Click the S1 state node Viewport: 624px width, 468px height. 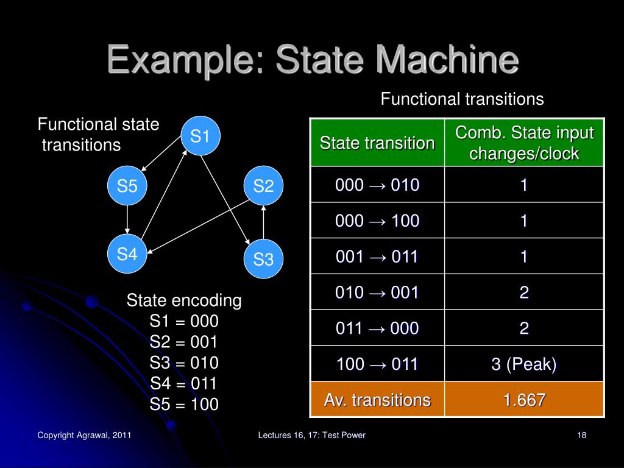pos(200,136)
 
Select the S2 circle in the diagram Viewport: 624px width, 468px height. pos(263,186)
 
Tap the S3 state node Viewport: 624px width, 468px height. pos(263,260)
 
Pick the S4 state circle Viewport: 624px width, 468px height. pos(127,254)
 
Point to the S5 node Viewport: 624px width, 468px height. pos(127,186)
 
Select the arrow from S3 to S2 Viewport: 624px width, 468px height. pos(263,223)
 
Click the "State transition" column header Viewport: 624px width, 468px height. pos(377,143)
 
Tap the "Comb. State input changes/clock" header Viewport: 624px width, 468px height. pos(524,143)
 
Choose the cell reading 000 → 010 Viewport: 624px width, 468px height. pos(377,185)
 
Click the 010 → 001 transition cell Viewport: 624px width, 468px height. pos(377,292)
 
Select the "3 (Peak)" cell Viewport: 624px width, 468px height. pos(524,364)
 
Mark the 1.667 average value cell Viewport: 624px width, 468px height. pos(524,400)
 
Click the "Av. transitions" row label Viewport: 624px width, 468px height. pos(377,400)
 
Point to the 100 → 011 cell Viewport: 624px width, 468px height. pos(377,364)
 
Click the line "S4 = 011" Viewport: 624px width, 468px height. pos(183,383)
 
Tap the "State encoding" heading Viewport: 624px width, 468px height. pos(183,300)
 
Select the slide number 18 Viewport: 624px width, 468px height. pos(581,434)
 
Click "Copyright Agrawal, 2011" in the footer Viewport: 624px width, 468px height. pos(85,434)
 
